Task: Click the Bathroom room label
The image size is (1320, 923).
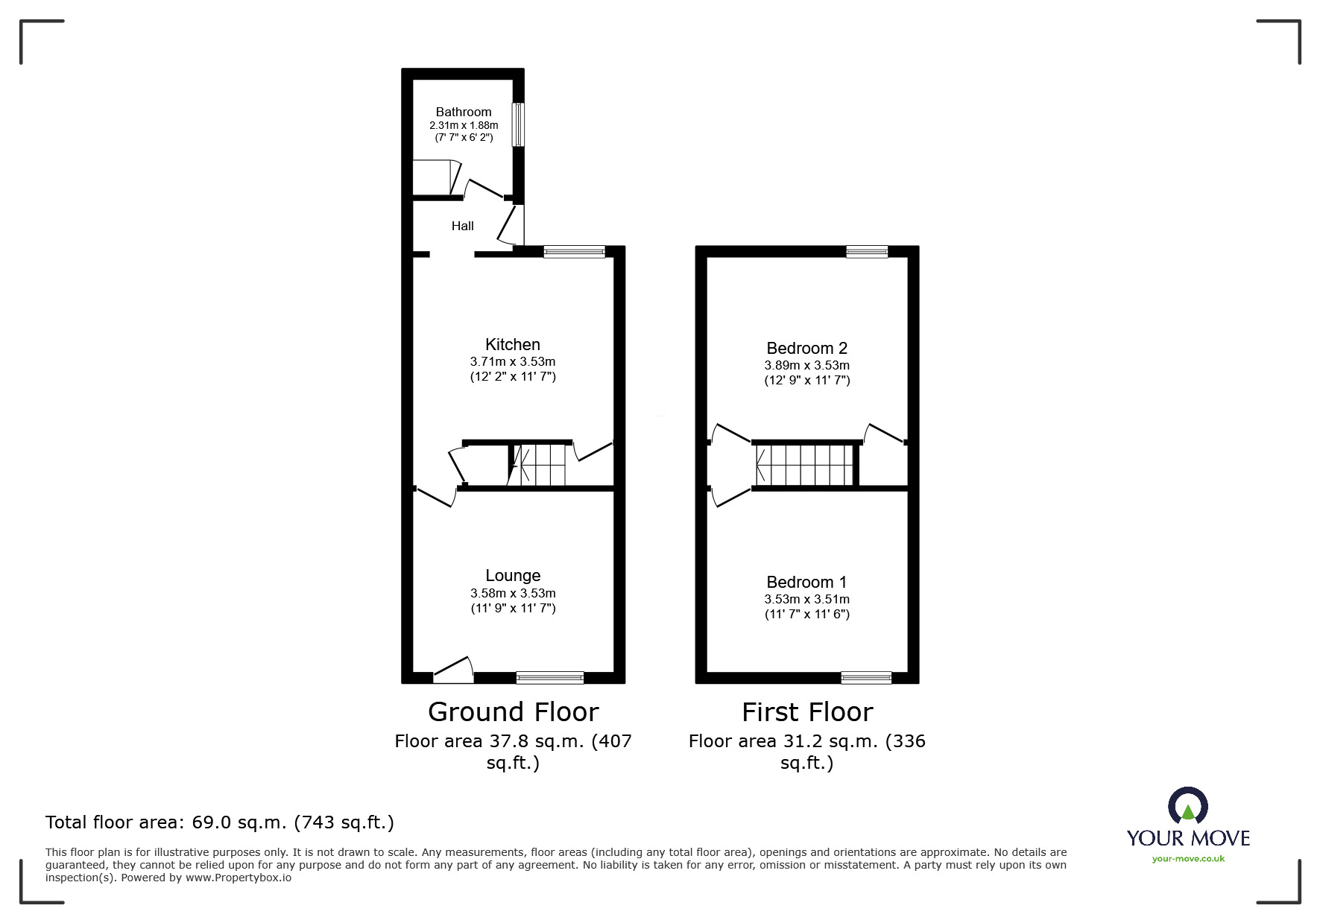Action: pos(464,112)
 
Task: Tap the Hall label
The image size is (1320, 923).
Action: pos(462,226)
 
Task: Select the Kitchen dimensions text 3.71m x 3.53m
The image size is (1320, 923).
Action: pos(513,361)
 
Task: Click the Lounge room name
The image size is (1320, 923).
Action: pos(513,575)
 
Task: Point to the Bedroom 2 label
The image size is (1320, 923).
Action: pos(806,348)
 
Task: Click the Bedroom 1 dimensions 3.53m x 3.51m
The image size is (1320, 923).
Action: pos(806,599)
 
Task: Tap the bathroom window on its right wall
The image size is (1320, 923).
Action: pos(518,124)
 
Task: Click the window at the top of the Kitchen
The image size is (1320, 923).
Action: pos(574,253)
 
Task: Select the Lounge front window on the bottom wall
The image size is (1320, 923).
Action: pos(550,677)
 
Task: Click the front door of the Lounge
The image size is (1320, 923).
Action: pos(453,670)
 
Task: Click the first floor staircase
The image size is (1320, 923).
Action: pos(805,465)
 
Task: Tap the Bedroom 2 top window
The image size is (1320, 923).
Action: pos(867,252)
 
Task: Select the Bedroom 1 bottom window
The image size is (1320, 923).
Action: pos(866,677)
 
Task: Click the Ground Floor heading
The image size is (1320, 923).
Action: pos(513,712)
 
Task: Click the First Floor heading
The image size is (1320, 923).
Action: pos(806,712)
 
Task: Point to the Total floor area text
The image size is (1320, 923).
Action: pos(220,822)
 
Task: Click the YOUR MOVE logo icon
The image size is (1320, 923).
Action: pos(1187,806)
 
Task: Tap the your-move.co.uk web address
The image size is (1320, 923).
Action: pos(1188,859)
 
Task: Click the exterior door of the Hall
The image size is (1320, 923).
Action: pos(511,226)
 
